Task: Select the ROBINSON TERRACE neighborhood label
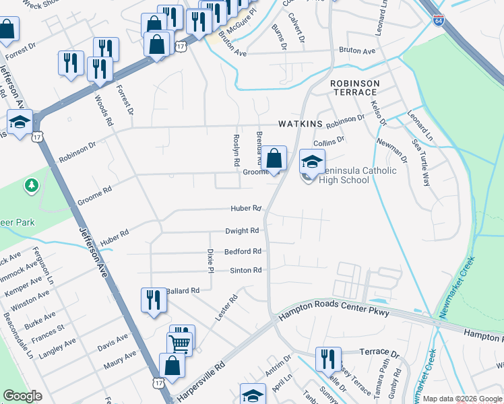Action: coord(354,88)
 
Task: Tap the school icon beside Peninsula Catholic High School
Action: coord(311,161)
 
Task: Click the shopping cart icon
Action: coord(181,342)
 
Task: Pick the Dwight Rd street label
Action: coord(242,230)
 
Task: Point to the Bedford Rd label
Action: coord(243,251)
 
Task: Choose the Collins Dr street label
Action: coord(329,141)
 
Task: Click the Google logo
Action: coord(23,396)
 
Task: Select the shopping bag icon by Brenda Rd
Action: coord(274,160)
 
